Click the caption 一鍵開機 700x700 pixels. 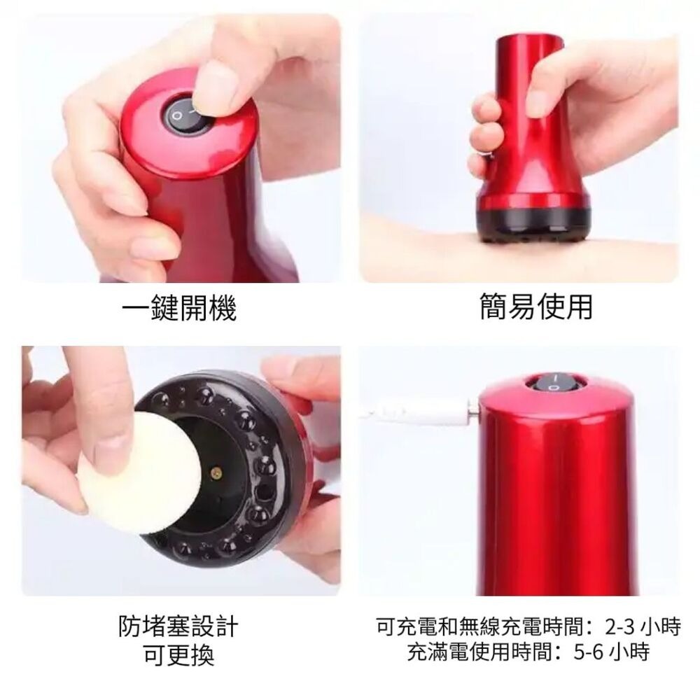click(x=178, y=308)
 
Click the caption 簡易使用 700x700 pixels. click(x=535, y=307)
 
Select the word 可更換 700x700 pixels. click(x=178, y=656)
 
